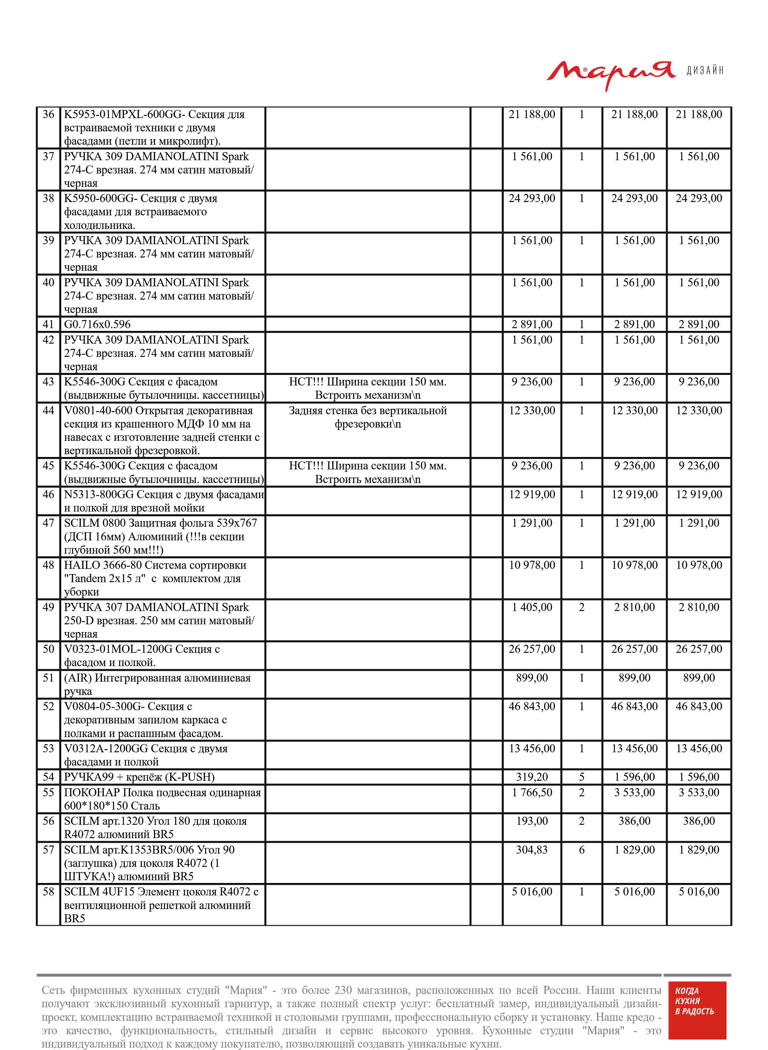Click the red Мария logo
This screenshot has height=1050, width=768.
point(610,73)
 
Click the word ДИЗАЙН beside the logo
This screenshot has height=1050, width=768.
point(705,71)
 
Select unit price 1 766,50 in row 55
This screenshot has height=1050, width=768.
point(532,793)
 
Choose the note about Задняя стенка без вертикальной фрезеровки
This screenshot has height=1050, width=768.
point(368,417)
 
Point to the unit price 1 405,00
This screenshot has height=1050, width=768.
point(532,607)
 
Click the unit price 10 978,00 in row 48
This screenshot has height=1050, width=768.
point(532,565)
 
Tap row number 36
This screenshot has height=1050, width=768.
point(48,114)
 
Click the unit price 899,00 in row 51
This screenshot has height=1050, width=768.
point(532,678)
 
